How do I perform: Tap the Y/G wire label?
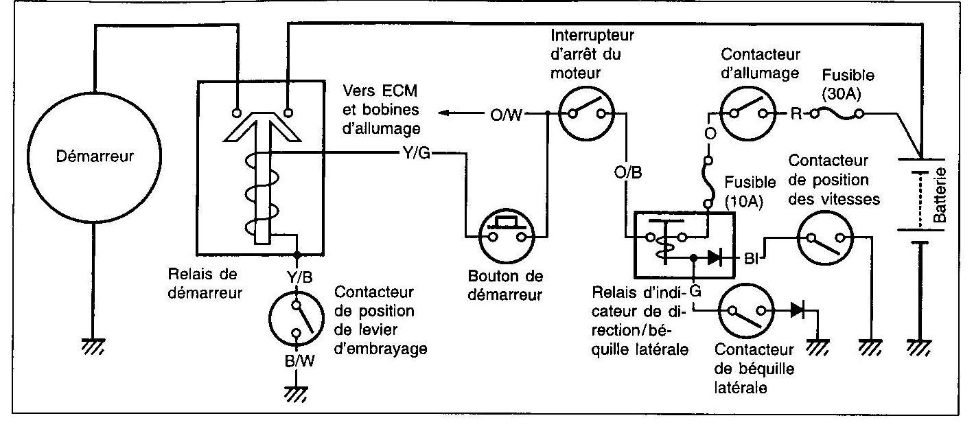pyautogui.click(x=417, y=153)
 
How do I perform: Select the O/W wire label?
pyautogui.click(x=506, y=115)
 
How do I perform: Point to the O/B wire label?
pyautogui.click(x=628, y=172)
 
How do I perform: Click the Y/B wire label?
pyautogui.click(x=299, y=277)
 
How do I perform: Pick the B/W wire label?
pyautogui.click(x=299, y=361)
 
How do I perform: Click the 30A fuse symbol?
pyautogui.click(x=837, y=115)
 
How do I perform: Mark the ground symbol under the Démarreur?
pyautogui.click(x=93, y=347)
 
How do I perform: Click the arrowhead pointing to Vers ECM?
pyautogui.click(x=443, y=113)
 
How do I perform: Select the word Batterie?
pyautogui.click(x=939, y=195)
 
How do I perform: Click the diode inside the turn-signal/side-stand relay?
pyautogui.click(x=715, y=257)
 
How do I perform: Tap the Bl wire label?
pyautogui.click(x=751, y=259)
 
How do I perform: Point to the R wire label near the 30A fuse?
pyautogui.click(x=796, y=114)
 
